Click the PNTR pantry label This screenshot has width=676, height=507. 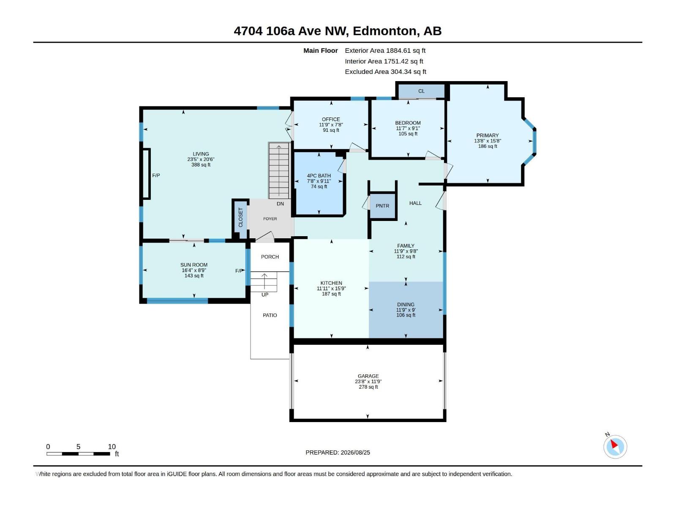(382, 206)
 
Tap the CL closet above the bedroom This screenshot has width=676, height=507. (421, 91)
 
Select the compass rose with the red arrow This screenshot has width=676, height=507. (615, 446)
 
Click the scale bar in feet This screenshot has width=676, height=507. (78, 453)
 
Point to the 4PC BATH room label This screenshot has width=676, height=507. (319, 176)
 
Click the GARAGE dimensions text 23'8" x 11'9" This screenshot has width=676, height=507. (368, 382)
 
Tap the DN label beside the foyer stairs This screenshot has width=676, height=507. (280, 204)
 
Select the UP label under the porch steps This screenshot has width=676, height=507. (265, 294)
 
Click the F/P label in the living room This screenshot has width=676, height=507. (156, 175)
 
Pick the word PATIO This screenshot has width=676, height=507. (270, 315)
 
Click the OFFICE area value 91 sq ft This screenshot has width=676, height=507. (331, 130)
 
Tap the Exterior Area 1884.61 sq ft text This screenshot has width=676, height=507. (385, 50)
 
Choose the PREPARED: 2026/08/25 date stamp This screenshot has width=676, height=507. (338, 452)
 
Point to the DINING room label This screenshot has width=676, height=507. (406, 305)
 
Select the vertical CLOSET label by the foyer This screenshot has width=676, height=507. (240, 217)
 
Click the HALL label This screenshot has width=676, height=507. (415, 203)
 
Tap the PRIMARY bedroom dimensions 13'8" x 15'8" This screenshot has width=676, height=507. (488, 141)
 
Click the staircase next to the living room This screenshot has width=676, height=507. (279, 171)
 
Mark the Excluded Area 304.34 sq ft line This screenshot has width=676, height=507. (385, 72)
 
